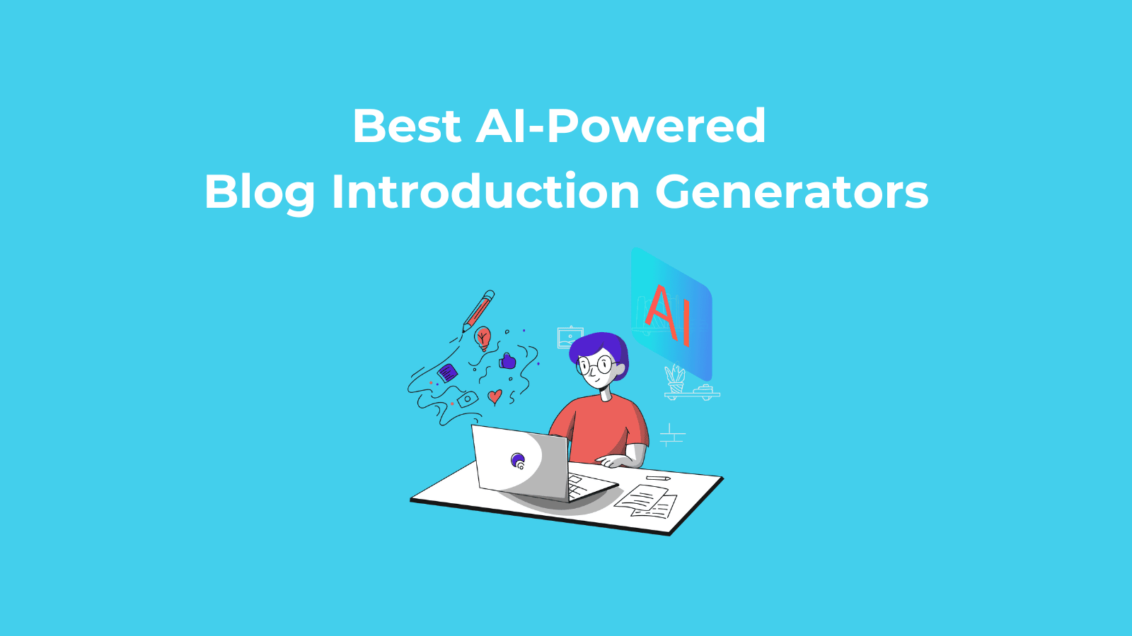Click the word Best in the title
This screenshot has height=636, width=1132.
tap(407, 126)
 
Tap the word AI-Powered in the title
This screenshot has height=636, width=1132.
tap(620, 126)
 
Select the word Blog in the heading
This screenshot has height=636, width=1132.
tap(260, 192)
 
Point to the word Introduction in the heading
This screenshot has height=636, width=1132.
tap(485, 192)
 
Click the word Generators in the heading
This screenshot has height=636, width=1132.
tap(792, 192)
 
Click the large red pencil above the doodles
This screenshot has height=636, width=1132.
tap(478, 311)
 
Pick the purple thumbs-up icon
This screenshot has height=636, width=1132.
tap(507, 361)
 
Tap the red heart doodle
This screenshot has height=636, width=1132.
tap(495, 396)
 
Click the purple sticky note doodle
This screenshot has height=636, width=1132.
tap(448, 374)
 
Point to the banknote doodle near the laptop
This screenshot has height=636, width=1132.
tap(468, 399)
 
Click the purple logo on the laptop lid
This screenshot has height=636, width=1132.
tap(518, 461)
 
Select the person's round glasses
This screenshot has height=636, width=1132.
tap(596, 365)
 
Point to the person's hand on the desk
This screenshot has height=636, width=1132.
tap(613, 461)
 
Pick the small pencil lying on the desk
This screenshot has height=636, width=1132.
tap(658, 478)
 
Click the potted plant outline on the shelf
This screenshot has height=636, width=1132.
tap(675, 379)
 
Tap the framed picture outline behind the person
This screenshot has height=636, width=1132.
tap(570, 337)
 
